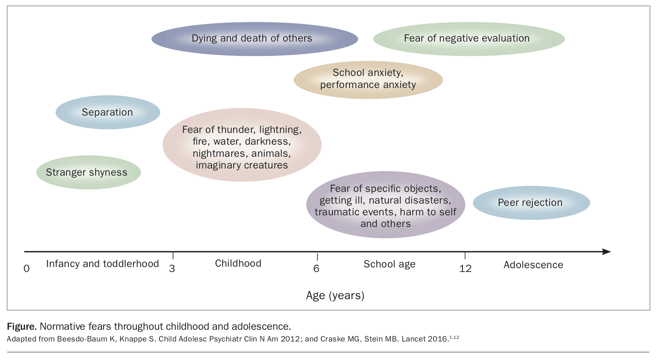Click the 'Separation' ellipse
pos(108,112)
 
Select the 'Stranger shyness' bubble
pos(88,172)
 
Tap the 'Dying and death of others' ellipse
pos(255,39)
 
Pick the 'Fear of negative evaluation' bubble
pos(469,39)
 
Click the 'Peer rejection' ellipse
pos(531,202)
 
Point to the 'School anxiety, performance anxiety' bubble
pos(368,80)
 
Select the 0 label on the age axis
pos(26,269)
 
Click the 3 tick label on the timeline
pos(172,269)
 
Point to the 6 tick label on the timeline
pos(316,269)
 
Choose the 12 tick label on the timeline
pos(465,269)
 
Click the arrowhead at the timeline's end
pos(606,252)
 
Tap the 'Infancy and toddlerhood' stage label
pos(102,264)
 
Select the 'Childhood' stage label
pos(238,263)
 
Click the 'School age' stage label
pos(390,264)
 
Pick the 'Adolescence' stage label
pos(533,265)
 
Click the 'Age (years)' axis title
pos(335,295)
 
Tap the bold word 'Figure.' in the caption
pos(22,326)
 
